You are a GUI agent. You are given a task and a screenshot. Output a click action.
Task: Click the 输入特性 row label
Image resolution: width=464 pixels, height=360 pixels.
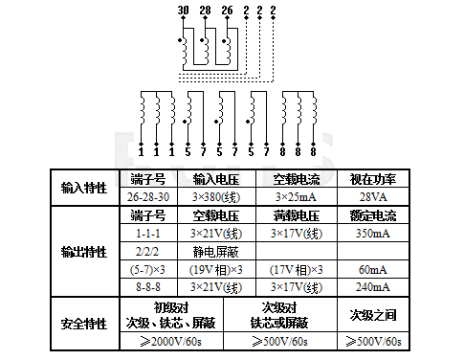83,188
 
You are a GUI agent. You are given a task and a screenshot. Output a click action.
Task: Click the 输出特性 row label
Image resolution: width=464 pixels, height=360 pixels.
83,251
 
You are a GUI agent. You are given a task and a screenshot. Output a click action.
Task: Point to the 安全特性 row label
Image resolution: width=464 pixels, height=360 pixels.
83,324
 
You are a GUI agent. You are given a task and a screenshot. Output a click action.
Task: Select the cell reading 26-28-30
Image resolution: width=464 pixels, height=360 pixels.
148,196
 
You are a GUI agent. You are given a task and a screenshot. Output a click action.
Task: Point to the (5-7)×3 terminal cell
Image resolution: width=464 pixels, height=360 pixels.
148,269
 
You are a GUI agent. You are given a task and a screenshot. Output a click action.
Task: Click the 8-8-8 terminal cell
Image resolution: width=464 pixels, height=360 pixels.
148,286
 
